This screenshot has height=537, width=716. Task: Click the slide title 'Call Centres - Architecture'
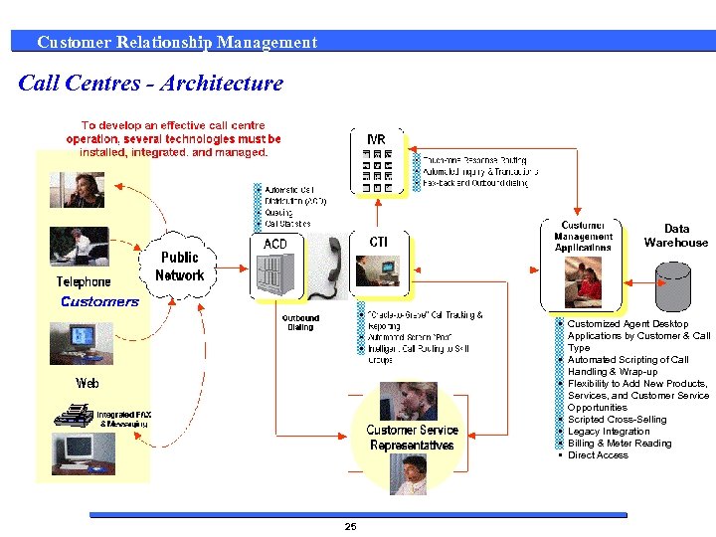(151, 84)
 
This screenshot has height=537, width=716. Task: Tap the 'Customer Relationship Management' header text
(177, 42)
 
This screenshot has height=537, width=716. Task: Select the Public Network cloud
(180, 267)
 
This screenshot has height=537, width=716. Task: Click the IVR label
(377, 138)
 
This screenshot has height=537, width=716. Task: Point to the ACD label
(274, 244)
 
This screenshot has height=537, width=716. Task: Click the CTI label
(379, 242)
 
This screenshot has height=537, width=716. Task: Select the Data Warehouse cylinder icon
(674, 287)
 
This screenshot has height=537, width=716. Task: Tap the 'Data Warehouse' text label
(676, 236)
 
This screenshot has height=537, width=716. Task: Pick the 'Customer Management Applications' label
(584, 237)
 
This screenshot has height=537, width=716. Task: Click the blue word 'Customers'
(99, 302)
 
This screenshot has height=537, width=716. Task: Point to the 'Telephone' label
(84, 282)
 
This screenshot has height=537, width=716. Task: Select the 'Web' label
(88, 383)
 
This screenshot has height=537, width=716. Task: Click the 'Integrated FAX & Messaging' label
(122, 419)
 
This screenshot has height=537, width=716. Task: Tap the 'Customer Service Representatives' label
(412, 438)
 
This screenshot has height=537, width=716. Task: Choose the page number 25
(350, 526)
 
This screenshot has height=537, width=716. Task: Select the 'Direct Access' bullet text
(598, 455)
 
